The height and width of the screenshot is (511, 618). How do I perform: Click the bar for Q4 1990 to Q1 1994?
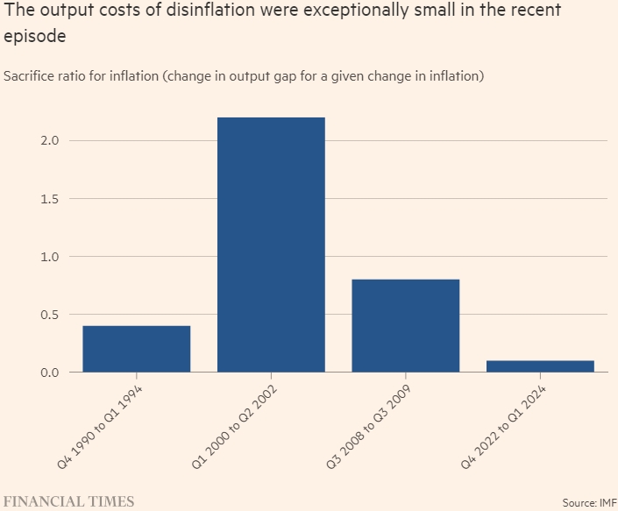(x=137, y=349)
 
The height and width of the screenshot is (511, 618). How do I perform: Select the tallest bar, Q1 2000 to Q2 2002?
(x=271, y=245)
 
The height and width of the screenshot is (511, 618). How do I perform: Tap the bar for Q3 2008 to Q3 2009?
(x=406, y=325)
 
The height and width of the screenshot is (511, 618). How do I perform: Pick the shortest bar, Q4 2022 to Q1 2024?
(x=540, y=366)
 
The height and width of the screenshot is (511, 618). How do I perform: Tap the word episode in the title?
(x=34, y=39)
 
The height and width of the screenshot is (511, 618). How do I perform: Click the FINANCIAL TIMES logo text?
(x=69, y=501)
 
